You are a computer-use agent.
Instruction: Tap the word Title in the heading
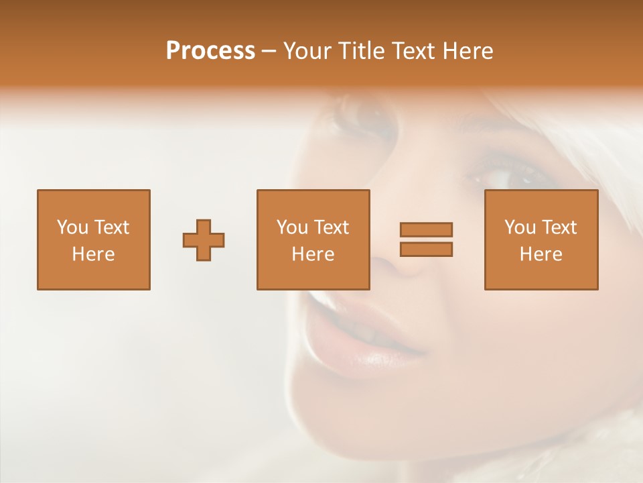(x=362, y=51)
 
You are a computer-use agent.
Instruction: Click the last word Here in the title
(x=468, y=51)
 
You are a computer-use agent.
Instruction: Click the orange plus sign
(x=204, y=240)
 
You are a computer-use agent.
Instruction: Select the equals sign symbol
(x=426, y=239)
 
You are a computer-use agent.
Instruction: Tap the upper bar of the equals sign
(x=426, y=230)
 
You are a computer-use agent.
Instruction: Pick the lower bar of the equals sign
(x=426, y=249)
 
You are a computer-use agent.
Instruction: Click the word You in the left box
(x=72, y=227)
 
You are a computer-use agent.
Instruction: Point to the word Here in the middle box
(x=313, y=254)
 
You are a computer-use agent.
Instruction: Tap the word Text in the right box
(x=559, y=227)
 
